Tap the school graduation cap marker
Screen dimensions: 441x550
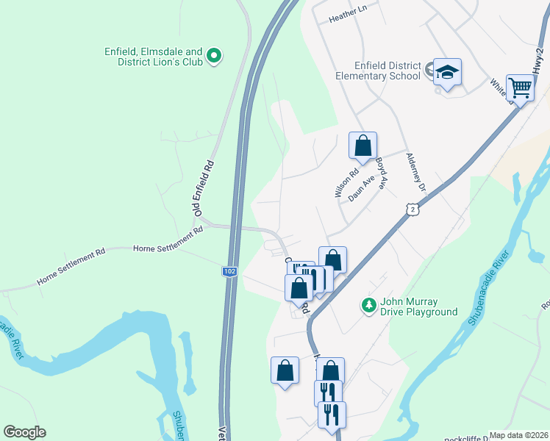tap(446, 73)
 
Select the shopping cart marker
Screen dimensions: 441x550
tap(520, 88)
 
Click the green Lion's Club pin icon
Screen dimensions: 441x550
tap(214, 55)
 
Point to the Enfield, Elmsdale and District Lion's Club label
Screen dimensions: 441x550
tap(153, 57)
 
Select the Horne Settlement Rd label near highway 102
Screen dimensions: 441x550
tap(168, 242)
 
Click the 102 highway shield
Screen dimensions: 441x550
tap(229, 271)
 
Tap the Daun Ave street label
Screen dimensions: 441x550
tap(362, 188)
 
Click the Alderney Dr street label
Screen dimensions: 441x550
tap(415, 173)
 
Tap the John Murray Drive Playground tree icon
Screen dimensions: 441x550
tap(369, 304)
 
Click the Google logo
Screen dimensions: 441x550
tap(24, 432)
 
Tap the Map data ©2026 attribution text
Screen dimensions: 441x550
tap(519, 435)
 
